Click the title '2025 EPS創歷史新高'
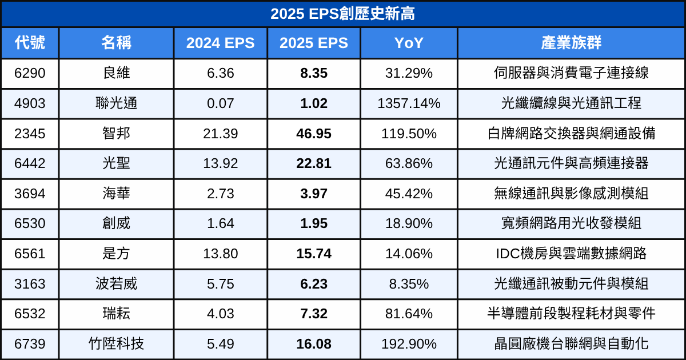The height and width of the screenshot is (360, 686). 343,14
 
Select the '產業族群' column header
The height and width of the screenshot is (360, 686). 571,43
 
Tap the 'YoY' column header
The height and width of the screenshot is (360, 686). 409,43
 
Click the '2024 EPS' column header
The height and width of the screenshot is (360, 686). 220,43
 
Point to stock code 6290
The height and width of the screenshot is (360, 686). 30,73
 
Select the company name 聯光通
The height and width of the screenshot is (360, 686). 116,103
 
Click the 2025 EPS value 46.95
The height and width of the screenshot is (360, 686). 314,134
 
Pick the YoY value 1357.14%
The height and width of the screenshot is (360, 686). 409,103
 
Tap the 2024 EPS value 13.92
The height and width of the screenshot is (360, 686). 220,163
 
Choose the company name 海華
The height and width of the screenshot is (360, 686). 116,194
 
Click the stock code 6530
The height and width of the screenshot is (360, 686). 30,223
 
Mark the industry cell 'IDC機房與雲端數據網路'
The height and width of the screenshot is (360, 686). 571,254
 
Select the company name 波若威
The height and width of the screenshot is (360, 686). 116,283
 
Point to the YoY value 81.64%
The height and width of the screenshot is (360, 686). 409,314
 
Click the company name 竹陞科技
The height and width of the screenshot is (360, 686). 116,344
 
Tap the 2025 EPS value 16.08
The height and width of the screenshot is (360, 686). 314,344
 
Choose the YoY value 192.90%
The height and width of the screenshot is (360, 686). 409,344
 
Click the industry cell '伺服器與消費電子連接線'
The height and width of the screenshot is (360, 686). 571,73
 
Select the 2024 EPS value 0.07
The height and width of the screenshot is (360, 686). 220,103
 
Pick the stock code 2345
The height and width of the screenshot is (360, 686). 30,134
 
